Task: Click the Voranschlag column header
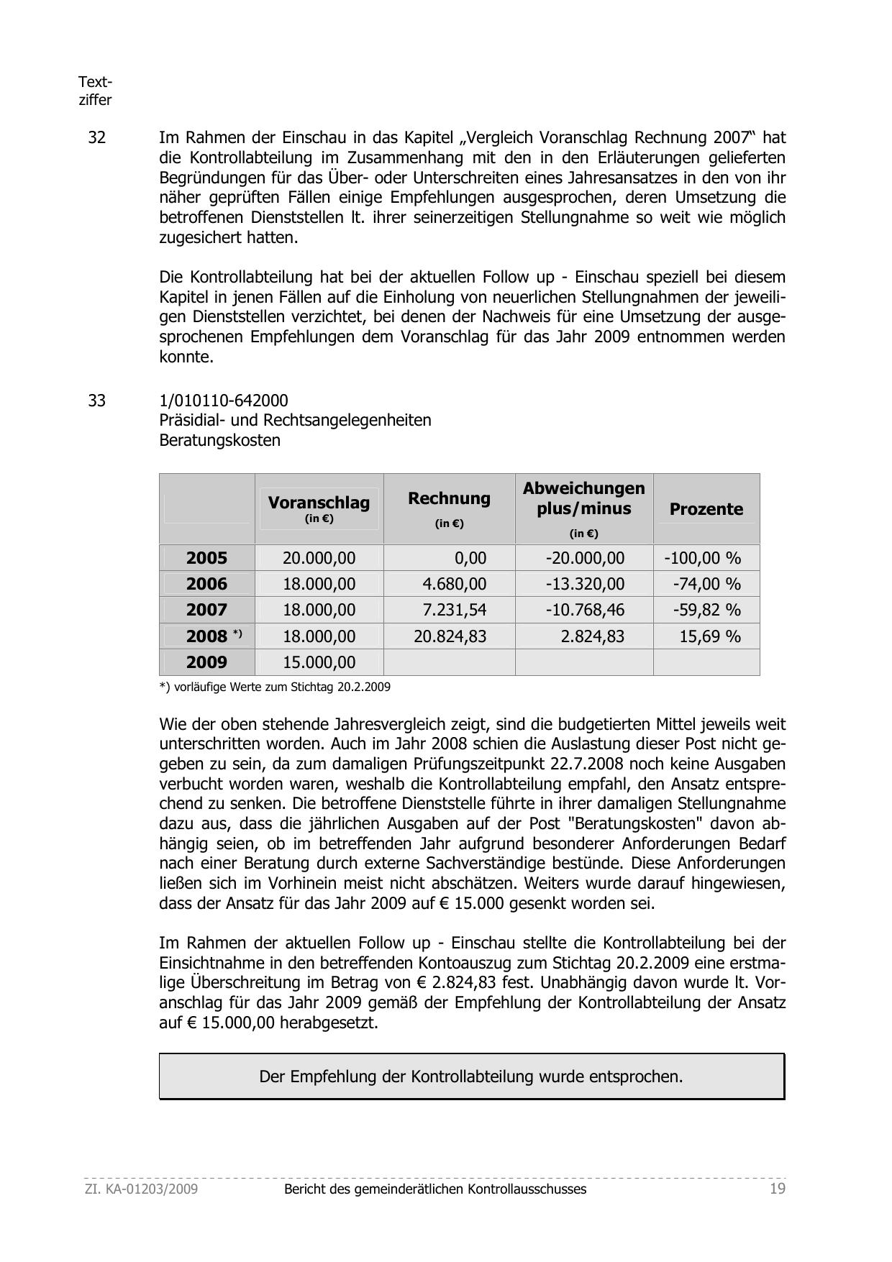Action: tap(319, 503)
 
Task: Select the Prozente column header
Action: tap(706, 509)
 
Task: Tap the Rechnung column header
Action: tap(449, 499)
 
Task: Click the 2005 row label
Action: tap(206, 558)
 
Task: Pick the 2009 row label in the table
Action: tap(206, 662)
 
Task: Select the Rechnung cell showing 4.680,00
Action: tap(454, 584)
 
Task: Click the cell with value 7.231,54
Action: tap(454, 610)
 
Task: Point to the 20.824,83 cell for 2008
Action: tap(450, 636)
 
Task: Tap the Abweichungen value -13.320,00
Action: tap(585, 584)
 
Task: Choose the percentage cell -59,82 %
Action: tap(706, 610)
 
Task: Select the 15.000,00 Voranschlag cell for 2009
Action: tap(319, 662)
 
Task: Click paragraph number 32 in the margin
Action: tap(96, 137)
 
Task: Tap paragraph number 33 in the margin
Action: tap(96, 401)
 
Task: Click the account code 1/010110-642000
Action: tap(224, 401)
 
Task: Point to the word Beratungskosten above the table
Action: tap(219, 440)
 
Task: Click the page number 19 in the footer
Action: tap(777, 1189)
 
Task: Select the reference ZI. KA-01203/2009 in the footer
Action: tap(141, 1189)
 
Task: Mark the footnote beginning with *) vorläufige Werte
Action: tap(275, 687)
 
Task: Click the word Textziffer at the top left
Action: tap(95, 91)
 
